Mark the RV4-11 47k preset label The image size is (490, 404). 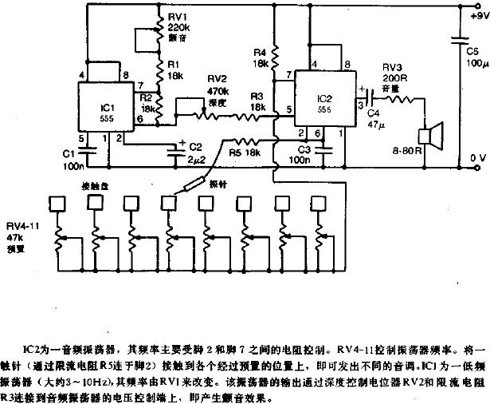click(x=24, y=238)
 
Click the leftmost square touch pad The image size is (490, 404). click(x=57, y=203)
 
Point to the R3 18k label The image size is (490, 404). click(x=256, y=101)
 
